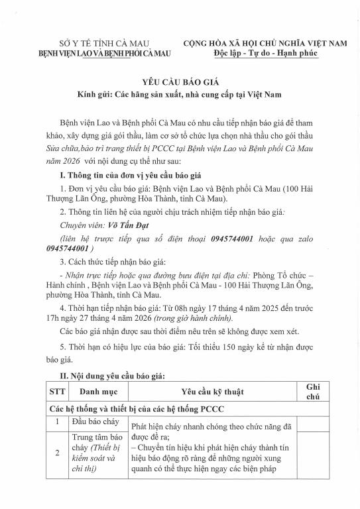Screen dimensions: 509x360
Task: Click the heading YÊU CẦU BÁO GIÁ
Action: pos(180,82)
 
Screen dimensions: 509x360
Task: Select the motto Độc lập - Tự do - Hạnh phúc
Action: pos(265,52)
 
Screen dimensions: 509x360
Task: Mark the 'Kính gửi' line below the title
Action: pos(180,95)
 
